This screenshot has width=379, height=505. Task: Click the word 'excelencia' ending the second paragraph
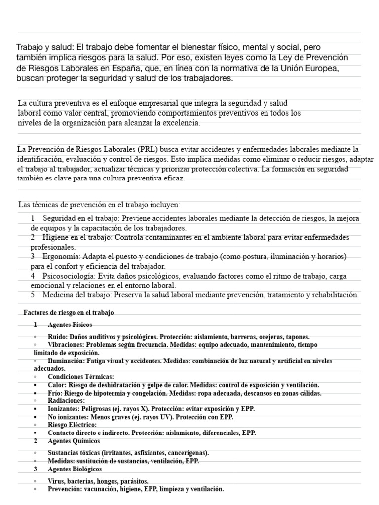180,123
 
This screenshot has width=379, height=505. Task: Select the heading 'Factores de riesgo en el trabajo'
69,312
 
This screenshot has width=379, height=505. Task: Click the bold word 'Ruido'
58,336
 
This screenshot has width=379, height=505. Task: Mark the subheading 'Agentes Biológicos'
75,469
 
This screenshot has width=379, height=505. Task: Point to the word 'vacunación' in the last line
106,489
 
